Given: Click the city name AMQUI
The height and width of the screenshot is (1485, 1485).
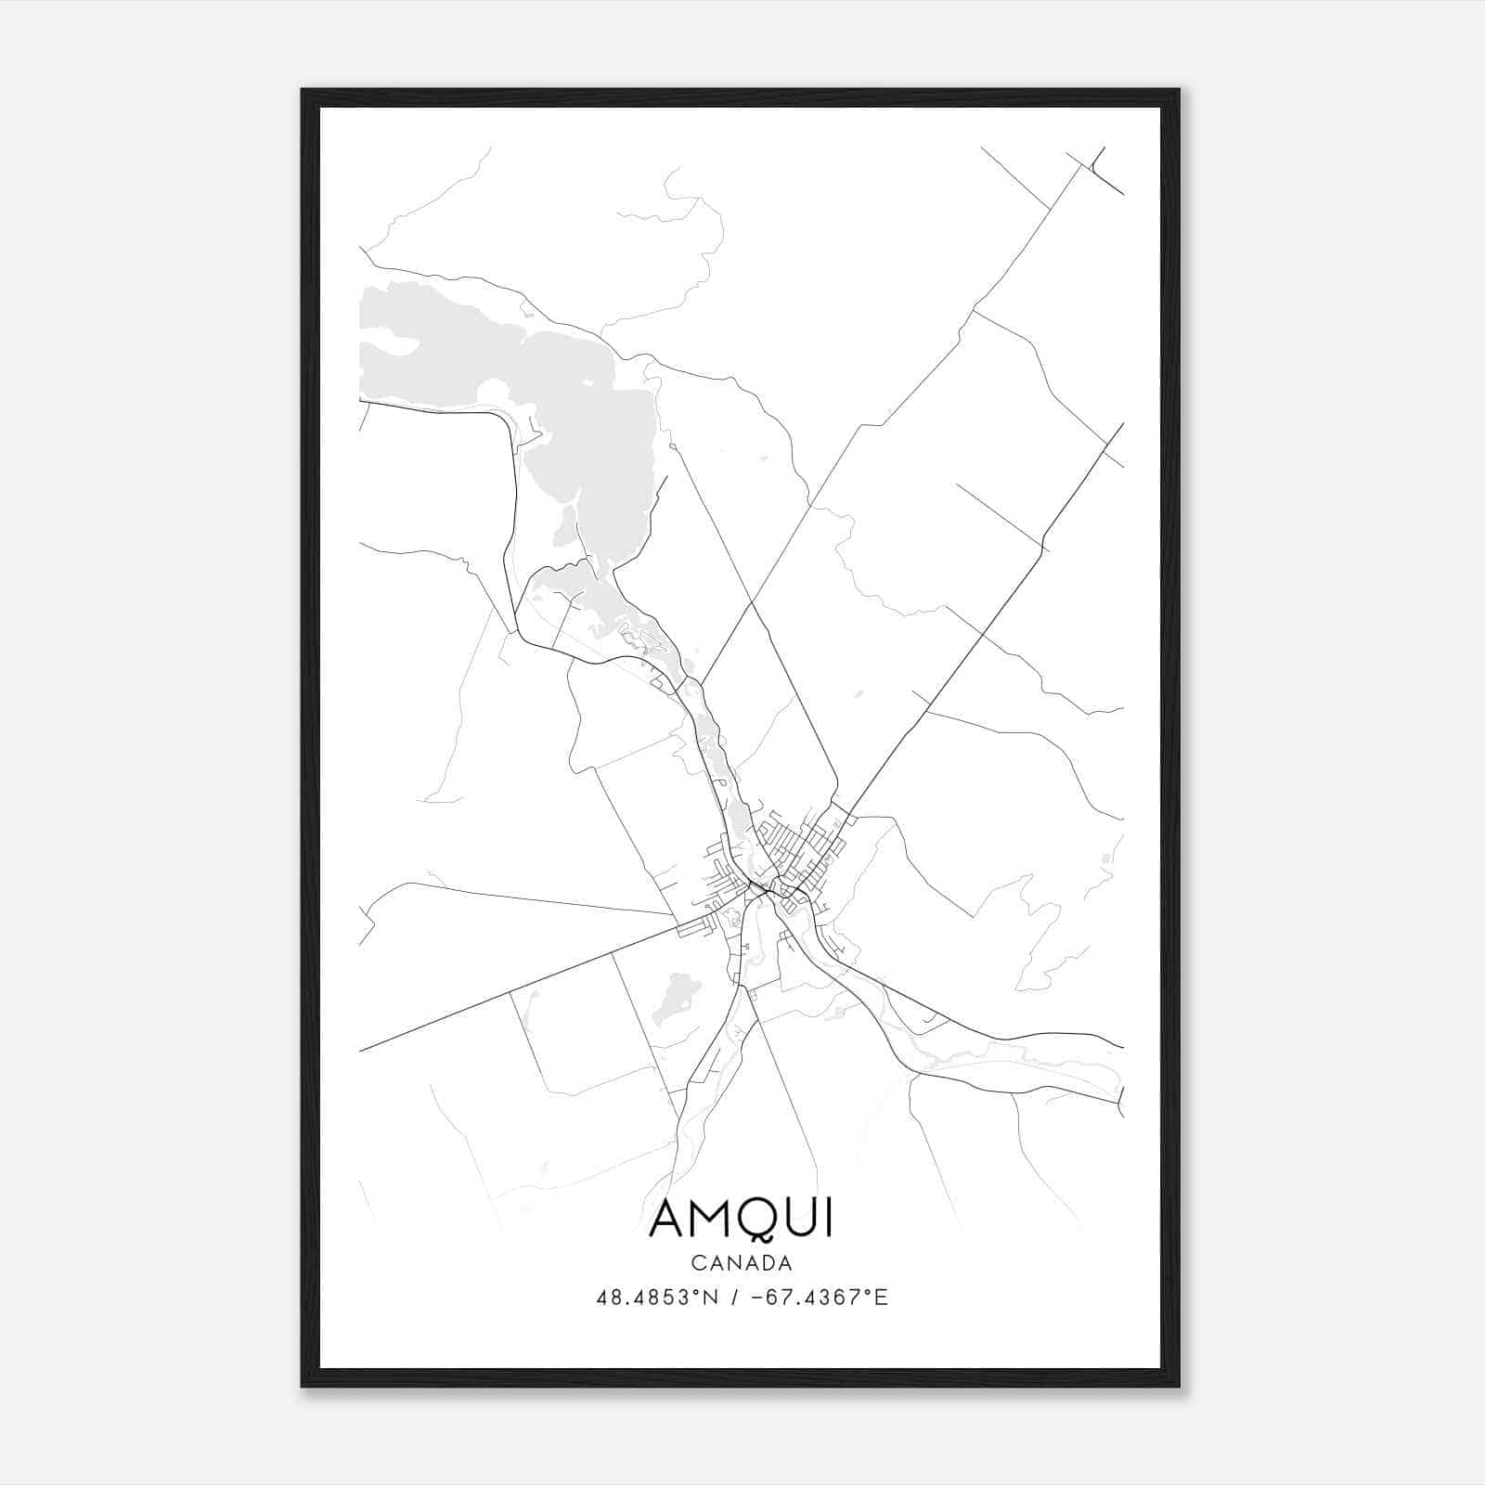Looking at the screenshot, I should point(741,1219).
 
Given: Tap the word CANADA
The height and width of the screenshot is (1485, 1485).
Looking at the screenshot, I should point(741,1263).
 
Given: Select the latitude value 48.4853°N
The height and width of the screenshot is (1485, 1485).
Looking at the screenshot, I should point(657,1298).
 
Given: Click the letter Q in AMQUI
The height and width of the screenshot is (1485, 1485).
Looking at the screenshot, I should point(757,1220).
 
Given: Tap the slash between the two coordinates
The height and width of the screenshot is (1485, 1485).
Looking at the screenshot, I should point(734,1298).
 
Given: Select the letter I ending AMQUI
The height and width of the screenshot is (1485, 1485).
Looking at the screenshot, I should point(828,1219).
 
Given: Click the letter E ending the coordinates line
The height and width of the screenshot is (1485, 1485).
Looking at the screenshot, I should point(881,1298).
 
